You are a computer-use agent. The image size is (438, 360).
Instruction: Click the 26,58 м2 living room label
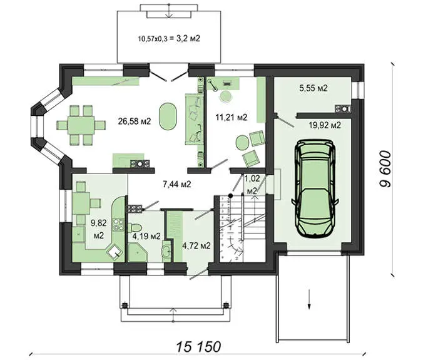tap(135, 121)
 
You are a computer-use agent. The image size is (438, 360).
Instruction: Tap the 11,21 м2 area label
tap(232, 117)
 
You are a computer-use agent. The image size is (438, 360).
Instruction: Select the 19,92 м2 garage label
tap(325, 125)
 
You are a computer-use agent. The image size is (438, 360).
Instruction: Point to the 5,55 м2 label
tap(313, 88)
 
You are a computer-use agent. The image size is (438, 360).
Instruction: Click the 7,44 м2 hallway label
tap(177, 184)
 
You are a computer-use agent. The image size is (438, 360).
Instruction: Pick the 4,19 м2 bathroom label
tap(146, 237)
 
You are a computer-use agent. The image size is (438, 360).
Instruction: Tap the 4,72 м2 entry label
tap(196, 245)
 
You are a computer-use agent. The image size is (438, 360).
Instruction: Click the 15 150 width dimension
tap(198, 347)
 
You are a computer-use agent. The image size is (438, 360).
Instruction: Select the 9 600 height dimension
tap(385, 169)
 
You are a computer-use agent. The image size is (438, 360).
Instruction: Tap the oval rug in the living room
tap(168, 116)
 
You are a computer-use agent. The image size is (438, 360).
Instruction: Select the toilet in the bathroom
tap(135, 227)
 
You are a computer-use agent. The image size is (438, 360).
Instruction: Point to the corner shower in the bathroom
tap(138, 252)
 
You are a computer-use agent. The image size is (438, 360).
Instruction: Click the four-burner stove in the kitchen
tap(118, 225)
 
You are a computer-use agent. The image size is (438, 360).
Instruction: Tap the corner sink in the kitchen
tap(115, 253)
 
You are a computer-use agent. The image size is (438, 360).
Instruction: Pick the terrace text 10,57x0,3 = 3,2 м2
tap(169, 39)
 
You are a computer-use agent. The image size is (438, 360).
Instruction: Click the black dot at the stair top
tap(230, 195)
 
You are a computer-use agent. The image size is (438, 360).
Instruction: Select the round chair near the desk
tap(226, 96)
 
